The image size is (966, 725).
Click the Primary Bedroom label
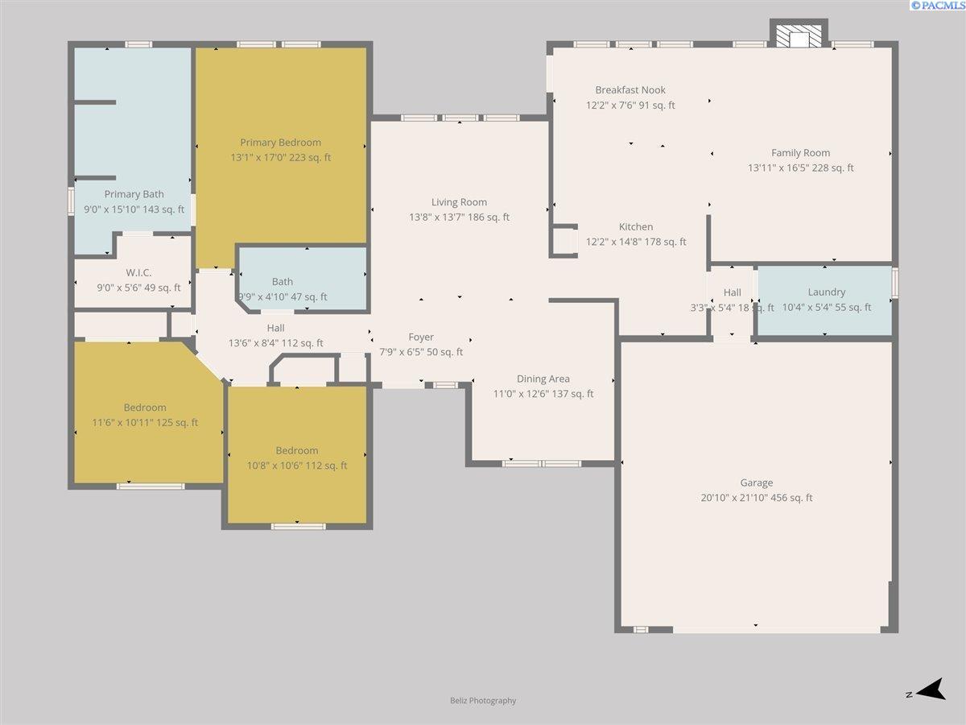click(x=280, y=143)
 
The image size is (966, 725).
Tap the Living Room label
click(x=459, y=202)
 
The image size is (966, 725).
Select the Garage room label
click(x=757, y=483)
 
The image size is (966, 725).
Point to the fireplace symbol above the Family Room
click(x=799, y=35)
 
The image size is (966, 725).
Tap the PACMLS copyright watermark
click(x=937, y=6)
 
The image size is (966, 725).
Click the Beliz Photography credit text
click(x=483, y=700)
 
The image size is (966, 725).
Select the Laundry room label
click(x=827, y=292)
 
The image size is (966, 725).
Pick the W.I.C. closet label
click(x=138, y=272)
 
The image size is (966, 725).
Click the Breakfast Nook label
click(x=630, y=89)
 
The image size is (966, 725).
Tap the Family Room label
click(x=800, y=153)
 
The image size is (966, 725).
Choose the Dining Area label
click(x=543, y=379)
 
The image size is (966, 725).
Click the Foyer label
click(x=421, y=338)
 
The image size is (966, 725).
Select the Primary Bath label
click(x=134, y=194)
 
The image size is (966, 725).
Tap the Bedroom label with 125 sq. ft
click(x=145, y=408)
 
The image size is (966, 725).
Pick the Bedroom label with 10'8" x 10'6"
click(x=296, y=451)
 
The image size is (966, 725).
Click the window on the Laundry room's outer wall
click(x=894, y=283)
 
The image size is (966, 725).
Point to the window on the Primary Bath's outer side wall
click(x=71, y=201)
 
